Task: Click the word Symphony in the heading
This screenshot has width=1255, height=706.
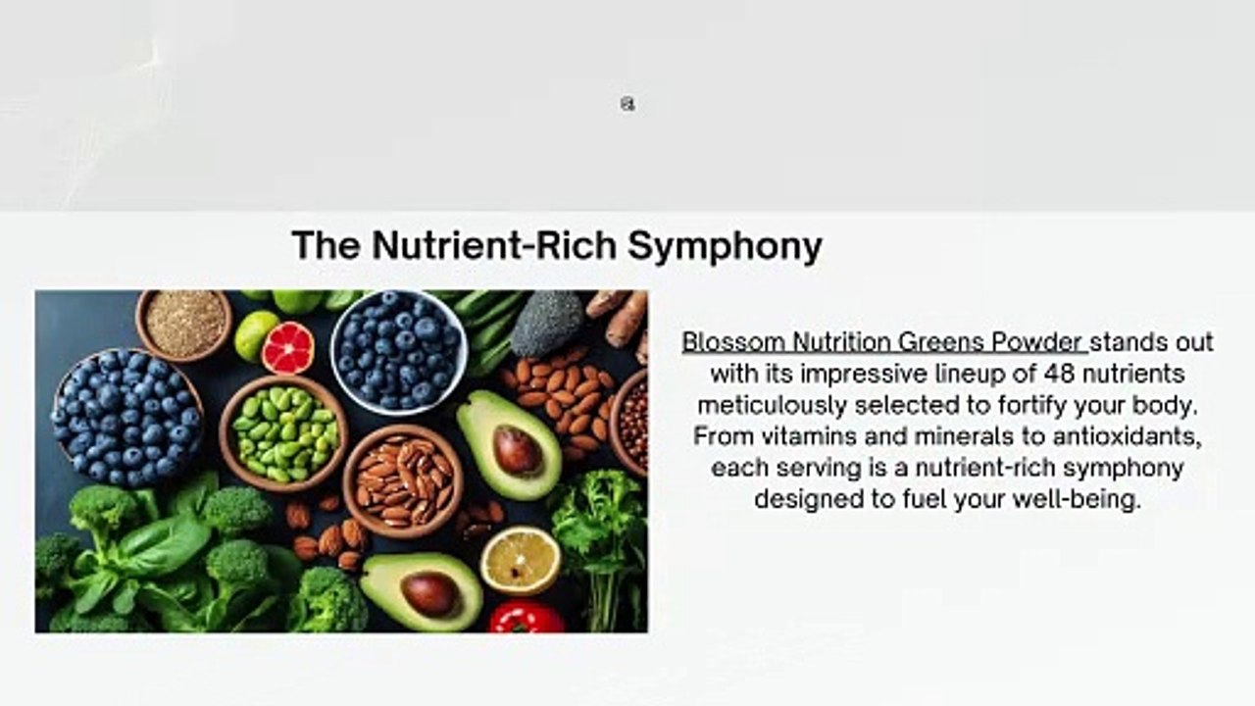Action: [x=724, y=245]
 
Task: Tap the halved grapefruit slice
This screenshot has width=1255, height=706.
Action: [x=288, y=348]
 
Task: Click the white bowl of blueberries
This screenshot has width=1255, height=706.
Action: [x=399, y=350]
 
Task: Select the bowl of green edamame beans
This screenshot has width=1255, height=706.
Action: [x=282, y=432]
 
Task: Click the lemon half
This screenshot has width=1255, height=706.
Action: [x=520, y=561]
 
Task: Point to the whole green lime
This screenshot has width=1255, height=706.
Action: [x=256, y=334]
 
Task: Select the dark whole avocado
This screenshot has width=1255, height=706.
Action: [x=547, y=323]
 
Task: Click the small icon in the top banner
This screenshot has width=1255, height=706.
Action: [x=627, y=103]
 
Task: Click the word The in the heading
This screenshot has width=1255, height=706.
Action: [x=326, y=245]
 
